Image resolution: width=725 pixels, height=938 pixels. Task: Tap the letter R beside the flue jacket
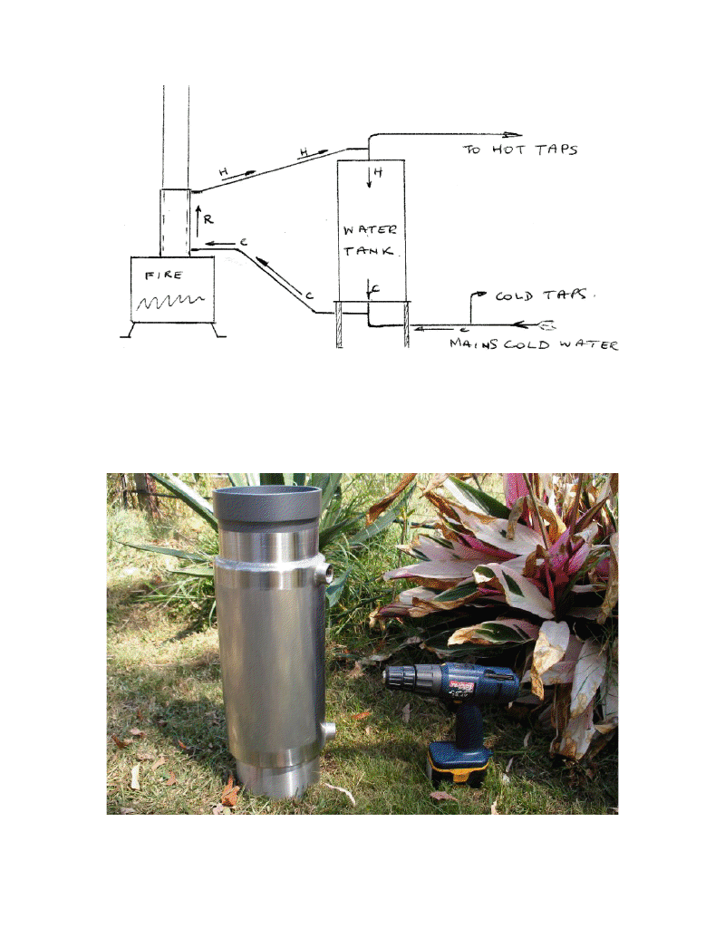208,218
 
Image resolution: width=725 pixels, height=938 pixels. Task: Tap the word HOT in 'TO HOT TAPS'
513,150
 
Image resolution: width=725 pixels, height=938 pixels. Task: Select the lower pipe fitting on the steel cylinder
328,729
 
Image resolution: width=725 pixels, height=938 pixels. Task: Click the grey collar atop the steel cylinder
267,508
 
